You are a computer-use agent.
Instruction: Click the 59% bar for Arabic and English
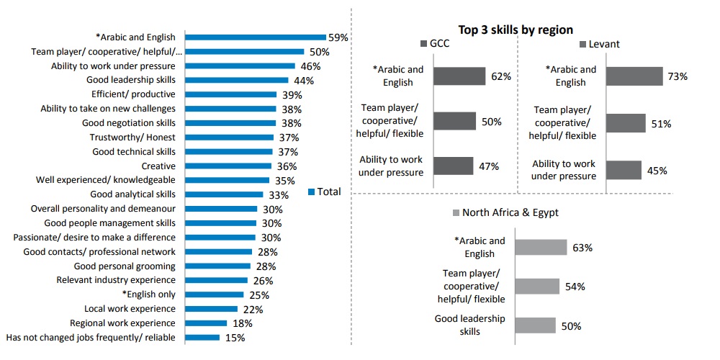click(255, 37)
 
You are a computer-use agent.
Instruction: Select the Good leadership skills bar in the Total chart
click(237, 80)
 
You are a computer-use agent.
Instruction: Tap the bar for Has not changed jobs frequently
click(202, 337)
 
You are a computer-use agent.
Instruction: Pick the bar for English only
click(215, 294)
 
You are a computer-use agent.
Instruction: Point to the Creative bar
click(228, 166)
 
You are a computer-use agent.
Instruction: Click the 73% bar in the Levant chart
click(634, 76)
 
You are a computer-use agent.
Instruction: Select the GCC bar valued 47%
click(454, 166)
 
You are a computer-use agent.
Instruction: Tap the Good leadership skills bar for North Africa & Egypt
click(535, 325)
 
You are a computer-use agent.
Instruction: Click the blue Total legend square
click(312, 192)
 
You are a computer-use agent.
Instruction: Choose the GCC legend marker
click(424, 45)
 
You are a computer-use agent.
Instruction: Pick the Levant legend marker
click(584, 45)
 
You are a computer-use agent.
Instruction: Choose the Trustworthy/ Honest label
click(132, 138)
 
